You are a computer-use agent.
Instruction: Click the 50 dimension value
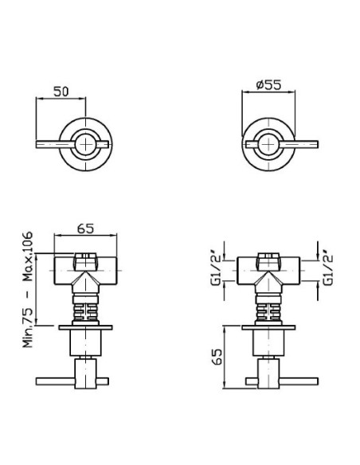click(x=61, y=92)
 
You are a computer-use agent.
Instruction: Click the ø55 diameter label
click(x=268, y=85)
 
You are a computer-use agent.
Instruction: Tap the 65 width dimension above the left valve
click(x=85, y=229)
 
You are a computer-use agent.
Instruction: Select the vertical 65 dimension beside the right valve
click(x=217, y=357)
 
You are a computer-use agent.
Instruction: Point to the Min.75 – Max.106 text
click(x=28, y=290)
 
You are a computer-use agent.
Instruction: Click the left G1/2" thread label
click(x=216, y=266)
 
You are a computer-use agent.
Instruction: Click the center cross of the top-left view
click(x=85, y=144)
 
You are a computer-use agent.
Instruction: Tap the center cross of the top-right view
click(x=268, y=144)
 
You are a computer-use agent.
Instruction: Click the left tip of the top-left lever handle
click(x=36, y=144)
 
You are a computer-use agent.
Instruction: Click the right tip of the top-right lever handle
click(x=318, y=144)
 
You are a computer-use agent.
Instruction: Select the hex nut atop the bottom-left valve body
click(x=85, y=261)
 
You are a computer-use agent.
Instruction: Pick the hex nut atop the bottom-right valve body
click(x=268, y=261)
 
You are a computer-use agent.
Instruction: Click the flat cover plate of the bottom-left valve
click(x=85, y=327)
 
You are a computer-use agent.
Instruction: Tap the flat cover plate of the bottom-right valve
click(x=268, y=327)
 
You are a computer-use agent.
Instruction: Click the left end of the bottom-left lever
click(x=37, y=381)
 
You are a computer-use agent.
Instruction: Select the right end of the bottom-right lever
click(x=318, y=381)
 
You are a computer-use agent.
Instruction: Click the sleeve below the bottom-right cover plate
click(x=268, y=343)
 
